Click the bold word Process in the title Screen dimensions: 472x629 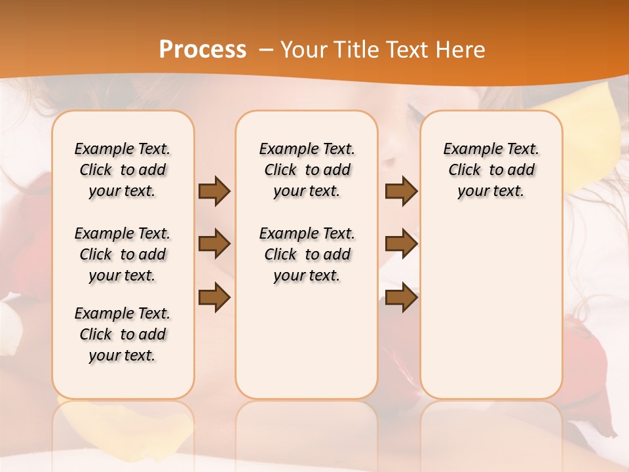[x=202, y=49]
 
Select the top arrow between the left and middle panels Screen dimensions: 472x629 [x=214, y=191]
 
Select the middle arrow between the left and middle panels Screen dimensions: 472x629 [x=214, y=244]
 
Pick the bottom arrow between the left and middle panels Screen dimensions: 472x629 [x=214, y=297]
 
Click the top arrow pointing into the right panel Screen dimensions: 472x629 [x=401, y=191]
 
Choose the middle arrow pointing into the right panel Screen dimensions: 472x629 [x=401, y=244]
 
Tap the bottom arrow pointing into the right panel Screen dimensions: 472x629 [x=401, y=297]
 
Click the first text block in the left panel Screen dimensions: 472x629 [x=123, y=170]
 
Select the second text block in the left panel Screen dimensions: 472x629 [x=123, y=254]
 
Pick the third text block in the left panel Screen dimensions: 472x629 [x=123, y=334]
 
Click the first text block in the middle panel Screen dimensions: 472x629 [x=307, y=170]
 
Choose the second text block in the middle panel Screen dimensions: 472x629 [x=307, y=254]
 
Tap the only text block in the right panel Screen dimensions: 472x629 [x=491, y=170]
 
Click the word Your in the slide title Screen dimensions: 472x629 [x=303, y=49]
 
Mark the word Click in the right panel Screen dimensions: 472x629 [x=465, y=170]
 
